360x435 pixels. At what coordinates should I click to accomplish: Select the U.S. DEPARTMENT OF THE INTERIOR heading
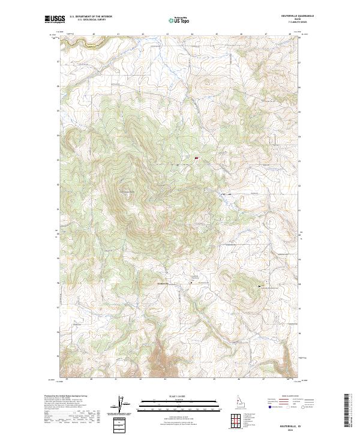pos(91,17)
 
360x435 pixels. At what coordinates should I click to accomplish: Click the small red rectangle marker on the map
pos(196,158)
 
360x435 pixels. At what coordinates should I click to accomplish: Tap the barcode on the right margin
pos(346,409)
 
